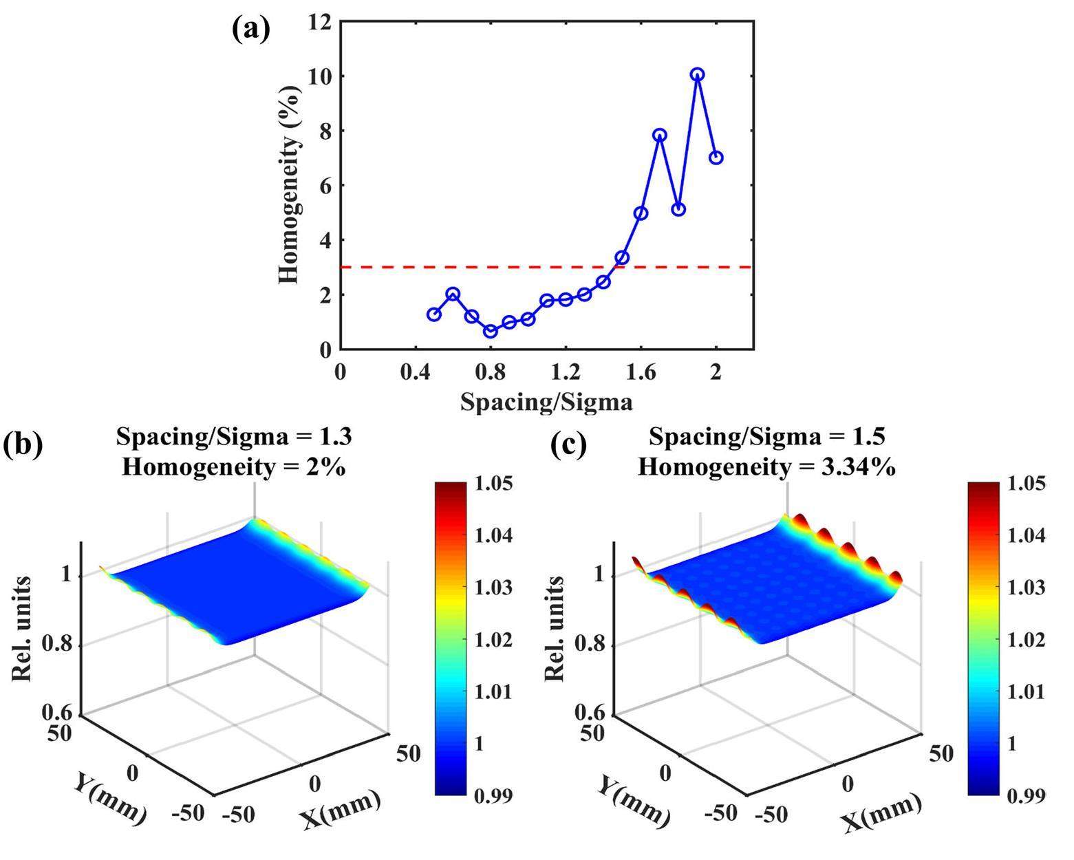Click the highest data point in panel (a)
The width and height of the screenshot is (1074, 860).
(x=697, y=74)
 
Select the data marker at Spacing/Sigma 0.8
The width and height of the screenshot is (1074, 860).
(x=491, y=332)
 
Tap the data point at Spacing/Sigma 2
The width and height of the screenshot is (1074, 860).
(x=716, y=158)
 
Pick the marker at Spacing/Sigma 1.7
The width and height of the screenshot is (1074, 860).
(x=660, y=135)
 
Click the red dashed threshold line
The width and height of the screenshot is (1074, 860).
(x=482, y=267)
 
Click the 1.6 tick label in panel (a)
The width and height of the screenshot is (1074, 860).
(x=641, y=372)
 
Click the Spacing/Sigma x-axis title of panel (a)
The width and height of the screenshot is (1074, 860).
(x=546, y=401)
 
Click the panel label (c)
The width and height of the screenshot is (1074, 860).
(x=570, y=444)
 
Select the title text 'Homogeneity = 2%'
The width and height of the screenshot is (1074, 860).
(x=233, y=467)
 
